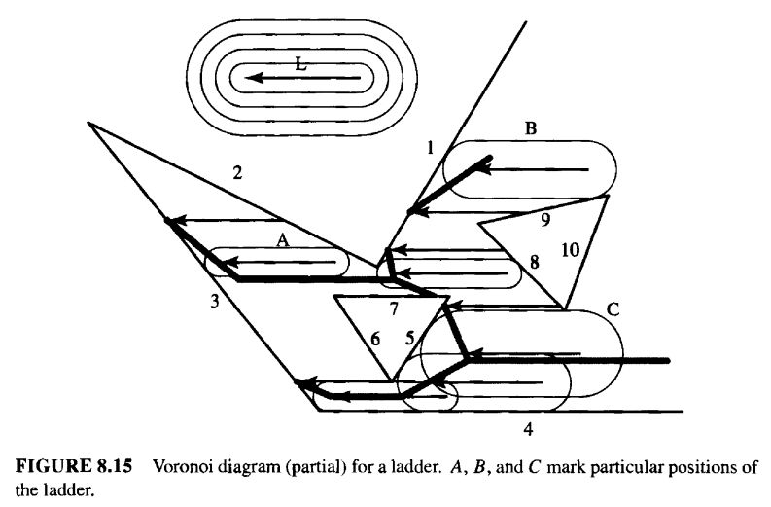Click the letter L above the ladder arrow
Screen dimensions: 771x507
pyautogui.click(x=301, y=64)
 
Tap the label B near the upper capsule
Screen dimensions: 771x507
pyautogui.click(x=531, y=128)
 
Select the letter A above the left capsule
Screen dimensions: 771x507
pyautogui.click(x=282, y=240)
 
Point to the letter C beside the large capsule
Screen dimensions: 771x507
pyautogui.click(x=613, y=309)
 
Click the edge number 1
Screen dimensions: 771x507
pyautogui.click(x=431, y=147)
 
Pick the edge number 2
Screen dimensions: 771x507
pyautogui.click(x=237, y=173)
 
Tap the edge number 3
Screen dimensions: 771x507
pyautogui.click(x=215, y=301)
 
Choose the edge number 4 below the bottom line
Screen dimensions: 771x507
pyautogui.click(x=528, y=430)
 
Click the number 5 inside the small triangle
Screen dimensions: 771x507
pyautogui.click(x=410, y=339)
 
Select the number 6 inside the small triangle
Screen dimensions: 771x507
pyautogui.click(x=375, y=339)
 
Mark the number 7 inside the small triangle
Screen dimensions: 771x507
pyautogui.click(x=394, y=309)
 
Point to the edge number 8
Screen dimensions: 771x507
pyautogui.click(x=535, y=263)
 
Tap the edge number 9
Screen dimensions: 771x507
pyautogui.click(x=545, y=220)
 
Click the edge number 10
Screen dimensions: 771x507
pyautogui.click(x=571, y=250)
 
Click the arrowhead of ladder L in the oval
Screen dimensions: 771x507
pyautogui.click(x=254, y=78)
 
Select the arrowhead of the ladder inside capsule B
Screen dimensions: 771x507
pyautogui.click(x=484, y=170)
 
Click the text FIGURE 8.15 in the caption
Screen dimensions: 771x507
pyautogui.click(x=74, y=466)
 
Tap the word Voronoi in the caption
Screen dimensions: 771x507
pyautogui.click(x=185, y=466)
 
